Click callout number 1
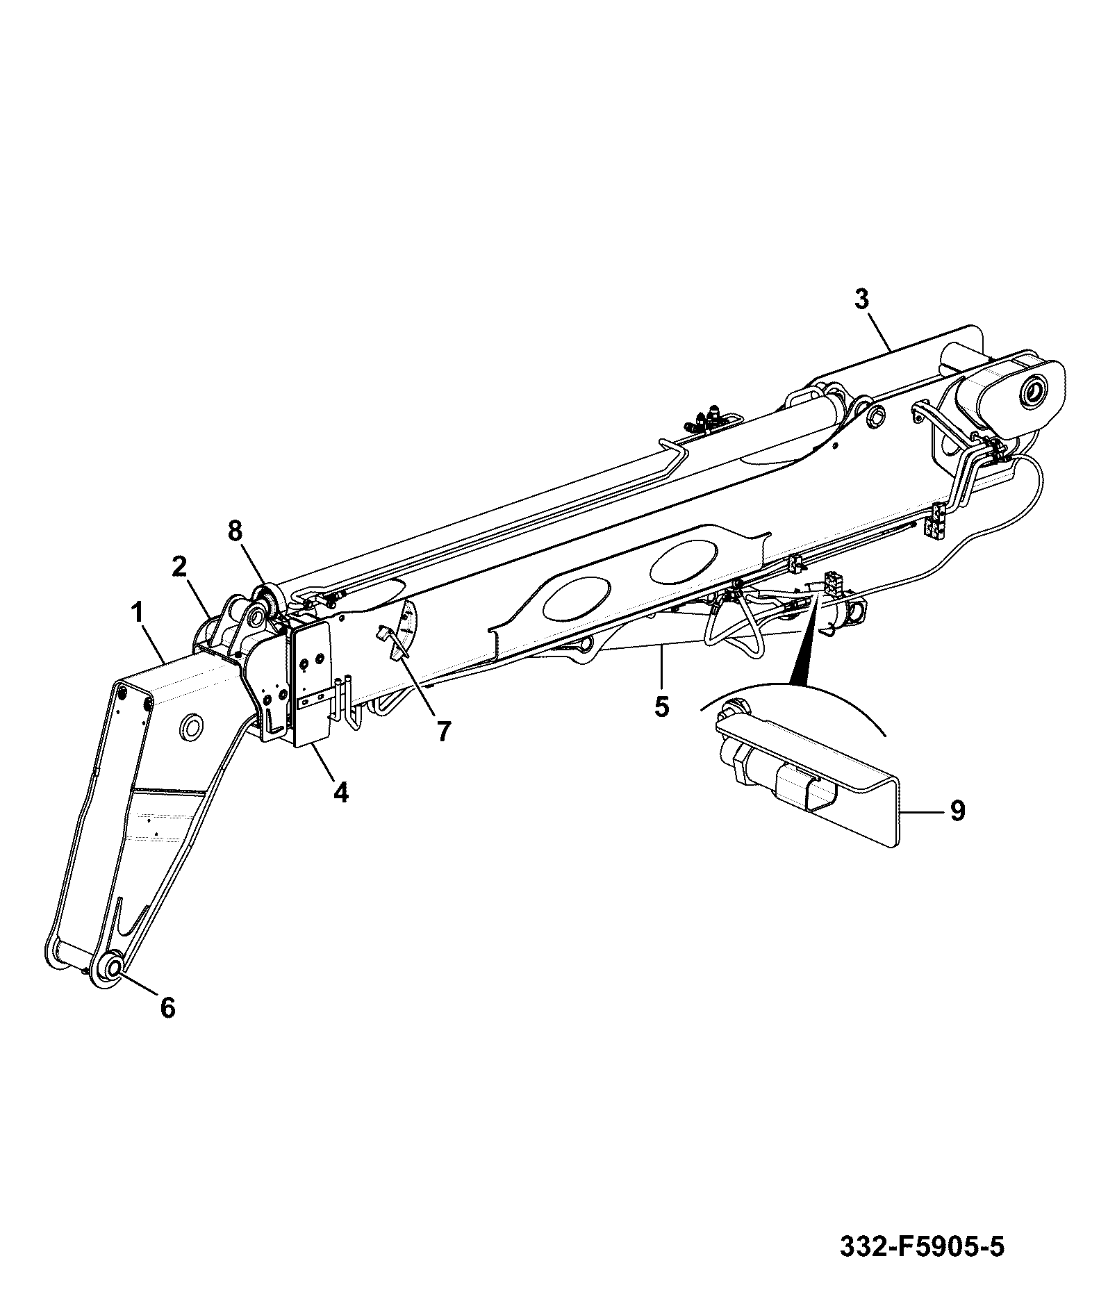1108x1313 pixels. point(138,613)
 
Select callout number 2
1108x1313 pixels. point(179,566)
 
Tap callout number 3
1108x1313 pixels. point(861,299)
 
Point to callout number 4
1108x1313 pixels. point(340,792)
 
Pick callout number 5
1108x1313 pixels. point(661,707)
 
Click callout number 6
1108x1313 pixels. point(168,1008)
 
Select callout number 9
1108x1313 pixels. point(957,811)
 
